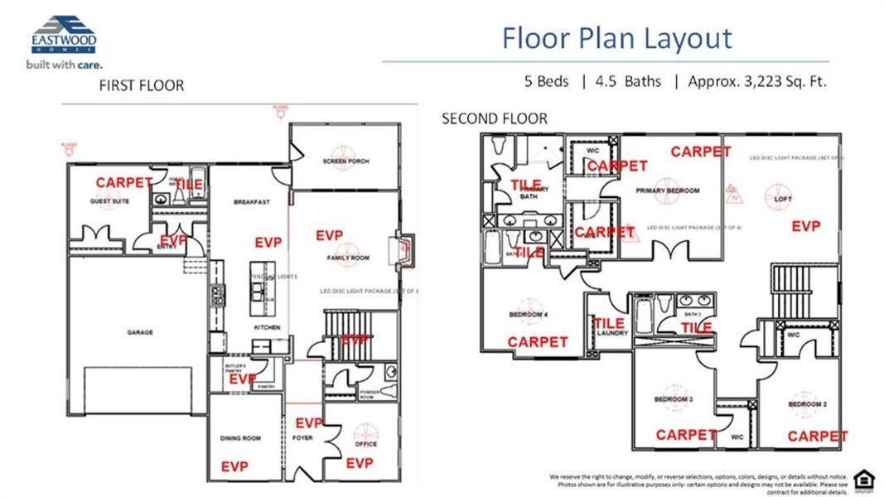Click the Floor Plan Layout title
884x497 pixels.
616,38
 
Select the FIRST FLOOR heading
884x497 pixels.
141,85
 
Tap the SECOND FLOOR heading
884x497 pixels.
494,118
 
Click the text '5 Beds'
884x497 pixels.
548,81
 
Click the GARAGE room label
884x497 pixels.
139,332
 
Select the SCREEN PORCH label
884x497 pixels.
345,161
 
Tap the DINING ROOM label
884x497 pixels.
240,438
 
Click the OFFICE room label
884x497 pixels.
365,444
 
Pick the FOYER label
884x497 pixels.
303,437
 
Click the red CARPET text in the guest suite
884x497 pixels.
123,182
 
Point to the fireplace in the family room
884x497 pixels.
405,251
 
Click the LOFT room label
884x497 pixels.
783,200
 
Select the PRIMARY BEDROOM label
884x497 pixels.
667,191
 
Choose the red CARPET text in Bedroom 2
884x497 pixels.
817,436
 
